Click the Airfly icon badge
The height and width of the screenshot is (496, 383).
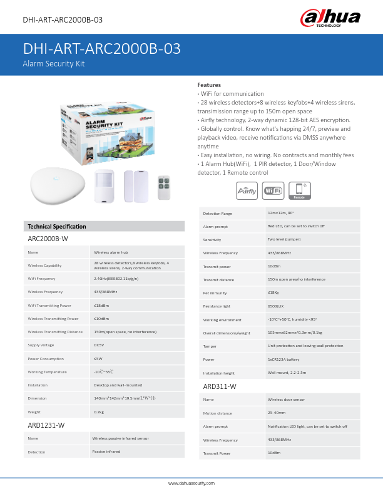tap(246, 191)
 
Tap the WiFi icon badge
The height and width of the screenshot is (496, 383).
tap(273, 191)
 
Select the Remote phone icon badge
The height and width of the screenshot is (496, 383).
tap(299, 191)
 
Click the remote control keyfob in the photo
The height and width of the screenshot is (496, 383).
tap(165, 187)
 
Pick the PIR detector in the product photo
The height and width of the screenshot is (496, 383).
tap(103, 186)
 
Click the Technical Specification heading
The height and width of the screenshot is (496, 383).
tap(57, 226)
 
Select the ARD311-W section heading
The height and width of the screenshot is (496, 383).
tap(220, 386)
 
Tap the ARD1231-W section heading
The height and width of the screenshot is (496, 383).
tap(46, 425)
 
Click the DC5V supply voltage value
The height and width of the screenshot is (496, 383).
tap(99, 345)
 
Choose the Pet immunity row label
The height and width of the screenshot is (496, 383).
tap(214, 292)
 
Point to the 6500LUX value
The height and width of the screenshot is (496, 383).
tap(276, 306)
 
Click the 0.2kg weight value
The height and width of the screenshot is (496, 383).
tap(99, 411)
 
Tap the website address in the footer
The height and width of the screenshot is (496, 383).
tap(191, 483)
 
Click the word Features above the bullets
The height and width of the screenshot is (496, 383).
tap(209, 85)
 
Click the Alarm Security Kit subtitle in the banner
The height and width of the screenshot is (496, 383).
tap(54, 64)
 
